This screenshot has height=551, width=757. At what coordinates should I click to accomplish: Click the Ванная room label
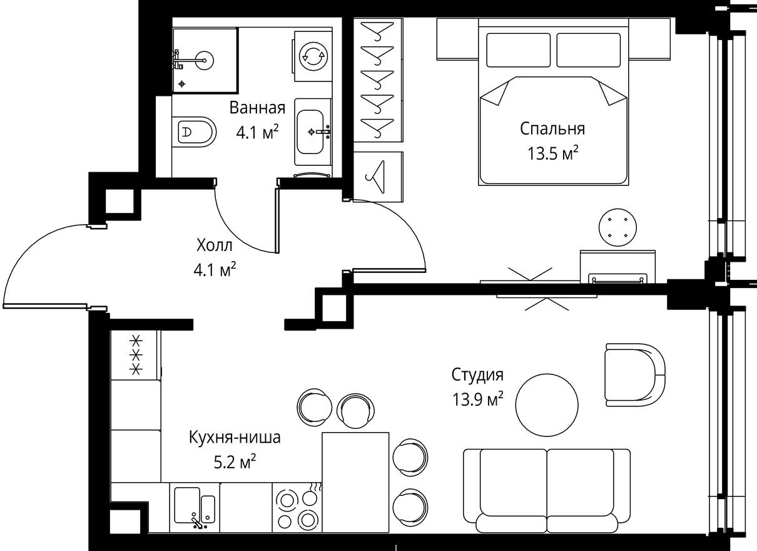tap(257, 108)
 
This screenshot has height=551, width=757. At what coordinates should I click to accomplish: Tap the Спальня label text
tap(552, 129)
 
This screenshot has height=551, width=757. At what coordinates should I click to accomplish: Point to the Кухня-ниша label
tap(235, 438)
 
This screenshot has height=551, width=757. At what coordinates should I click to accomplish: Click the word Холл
tap(215, 244)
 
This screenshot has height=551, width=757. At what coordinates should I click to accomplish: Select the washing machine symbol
tap(312, 57)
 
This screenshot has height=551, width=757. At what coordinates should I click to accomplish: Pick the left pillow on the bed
tap(518, 49)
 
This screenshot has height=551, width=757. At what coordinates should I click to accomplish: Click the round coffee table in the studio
tap(547, 403)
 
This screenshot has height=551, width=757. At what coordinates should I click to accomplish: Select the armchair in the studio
tap(634, 374)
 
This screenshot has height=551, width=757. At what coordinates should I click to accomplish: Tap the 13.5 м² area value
tap(552, 153)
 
